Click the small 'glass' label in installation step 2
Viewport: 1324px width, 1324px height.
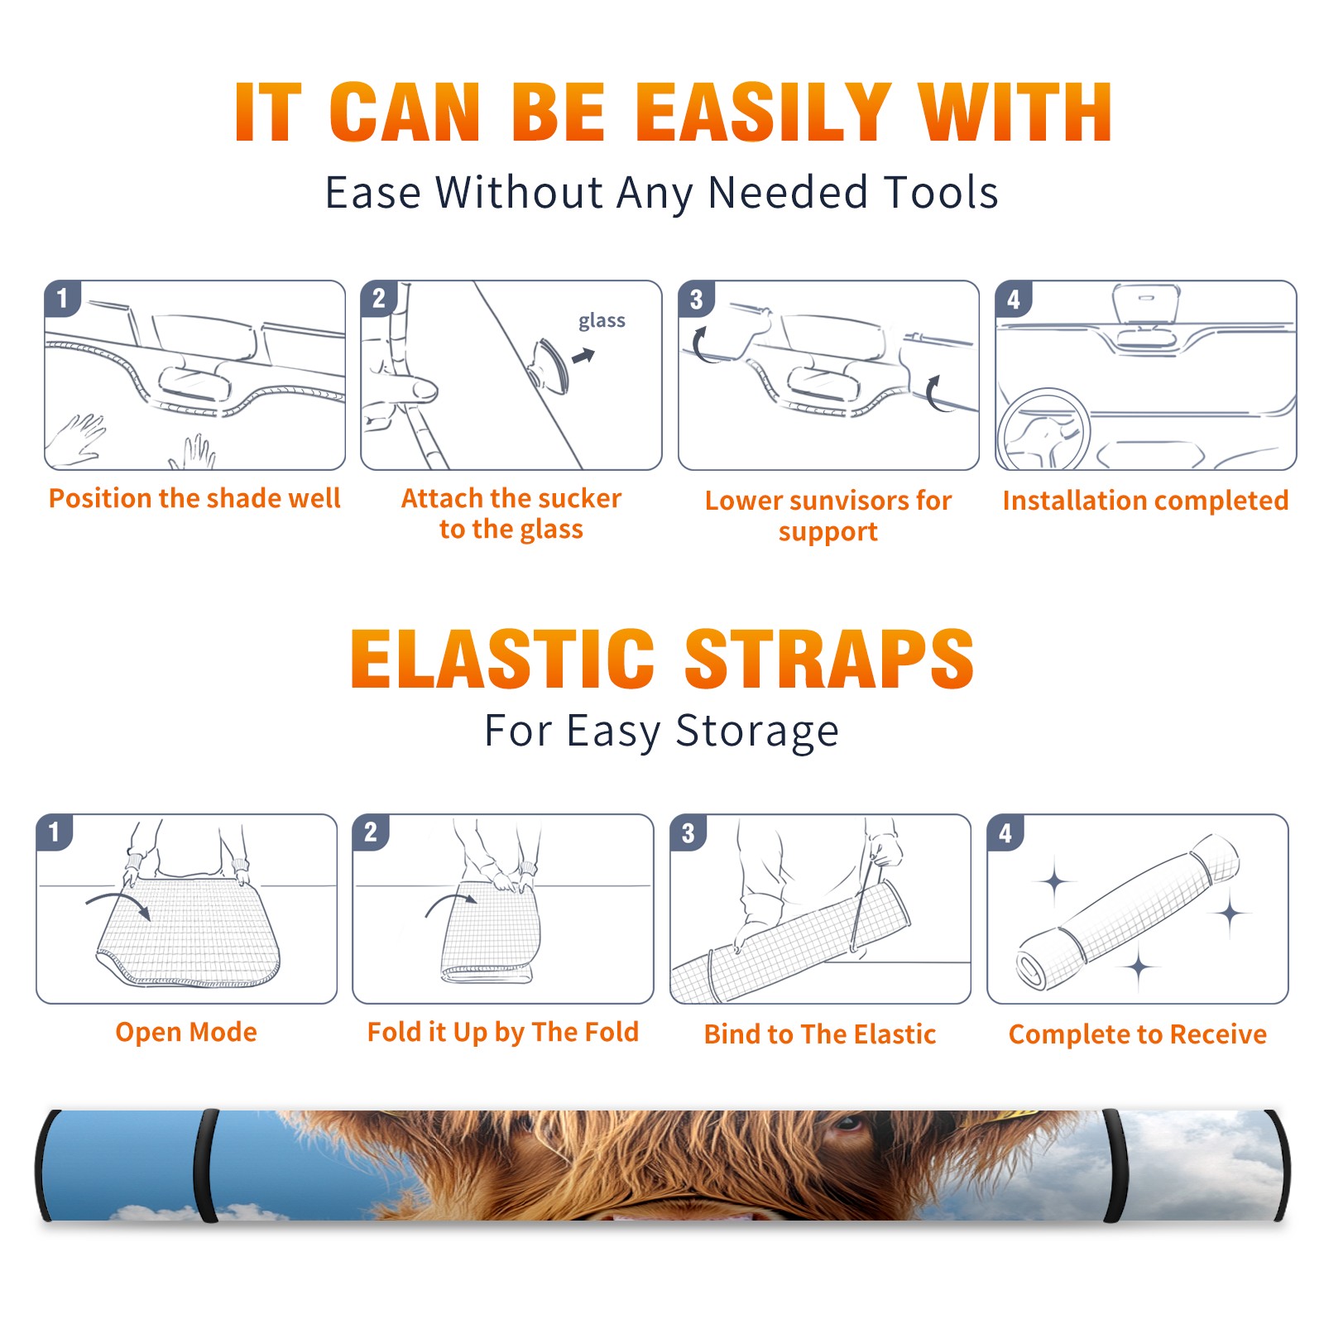tap(602, 321)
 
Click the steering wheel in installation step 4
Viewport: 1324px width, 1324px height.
tap(1043, 429)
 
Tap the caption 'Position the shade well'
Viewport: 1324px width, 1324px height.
tap(194, 498)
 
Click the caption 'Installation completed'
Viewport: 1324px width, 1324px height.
tap(1145, 500)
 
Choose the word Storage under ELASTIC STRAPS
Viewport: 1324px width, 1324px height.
tap(757, 732)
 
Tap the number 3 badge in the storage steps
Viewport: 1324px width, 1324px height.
tap(688, 832)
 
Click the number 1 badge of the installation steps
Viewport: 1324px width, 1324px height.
tap(62, 298)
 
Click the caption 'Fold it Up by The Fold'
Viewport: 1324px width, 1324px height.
tap(503, 1032)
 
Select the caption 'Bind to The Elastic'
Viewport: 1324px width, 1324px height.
tap(820, 1034)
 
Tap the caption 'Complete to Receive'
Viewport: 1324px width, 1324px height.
tap(1138, 1034)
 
